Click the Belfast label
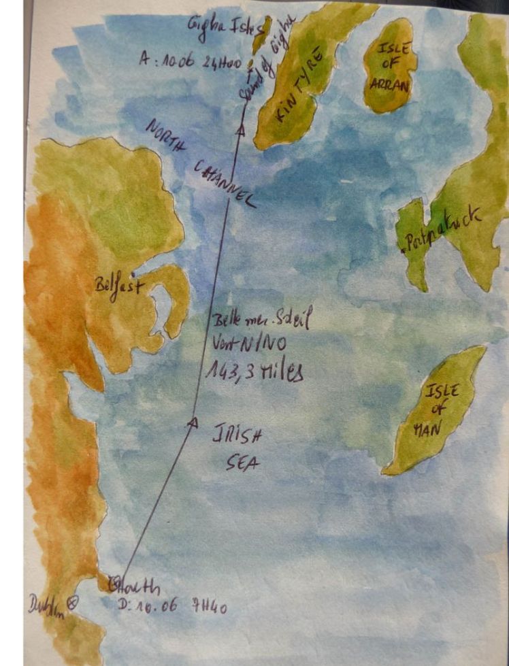[118, 285]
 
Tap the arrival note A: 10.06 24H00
[190, 60]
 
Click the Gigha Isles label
[218, 26]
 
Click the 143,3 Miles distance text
[254, 371]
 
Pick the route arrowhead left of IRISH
[192, 422]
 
